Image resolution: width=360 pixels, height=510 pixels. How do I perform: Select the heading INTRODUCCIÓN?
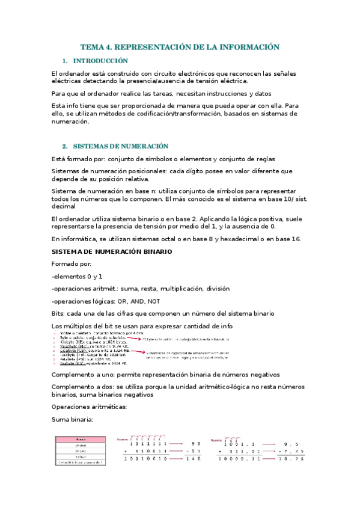click(x=100, y=61)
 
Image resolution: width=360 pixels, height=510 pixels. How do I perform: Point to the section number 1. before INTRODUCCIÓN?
click(x=65, y=61)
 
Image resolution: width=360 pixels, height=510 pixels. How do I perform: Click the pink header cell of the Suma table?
click(x=81, y=440)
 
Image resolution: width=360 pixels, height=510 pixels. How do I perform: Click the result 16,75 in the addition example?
click(x=301, y=458)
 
